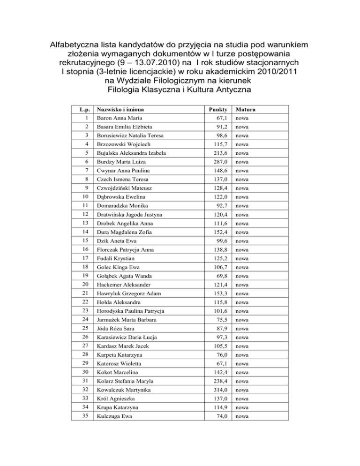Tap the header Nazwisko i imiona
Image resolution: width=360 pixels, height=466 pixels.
[119, 110]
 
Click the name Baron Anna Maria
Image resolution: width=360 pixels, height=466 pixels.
[118, 118]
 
